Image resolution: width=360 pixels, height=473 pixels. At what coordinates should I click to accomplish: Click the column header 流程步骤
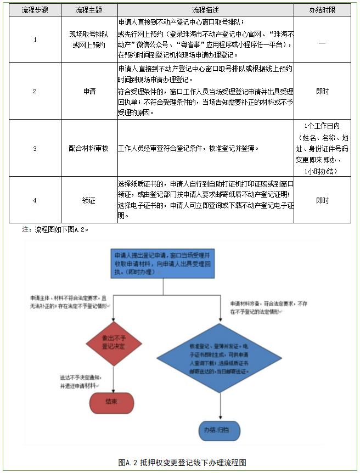coord(35,10)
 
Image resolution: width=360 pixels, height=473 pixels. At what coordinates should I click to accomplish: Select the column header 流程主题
coord(89,10)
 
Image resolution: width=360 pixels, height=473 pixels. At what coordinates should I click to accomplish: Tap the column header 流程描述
coord(205,10)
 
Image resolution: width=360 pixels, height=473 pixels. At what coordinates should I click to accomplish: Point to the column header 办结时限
coord(322,10)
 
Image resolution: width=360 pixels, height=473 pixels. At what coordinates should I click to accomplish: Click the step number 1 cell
coord(35,40)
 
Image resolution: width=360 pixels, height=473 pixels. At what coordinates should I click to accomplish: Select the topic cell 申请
coord(89,91)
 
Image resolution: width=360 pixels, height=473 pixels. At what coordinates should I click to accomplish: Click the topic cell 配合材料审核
coord(89,148)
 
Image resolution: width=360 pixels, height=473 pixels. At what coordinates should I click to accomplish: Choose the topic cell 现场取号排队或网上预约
coord(89,40)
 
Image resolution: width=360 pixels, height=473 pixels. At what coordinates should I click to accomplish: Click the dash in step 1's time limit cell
coord(322,40)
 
